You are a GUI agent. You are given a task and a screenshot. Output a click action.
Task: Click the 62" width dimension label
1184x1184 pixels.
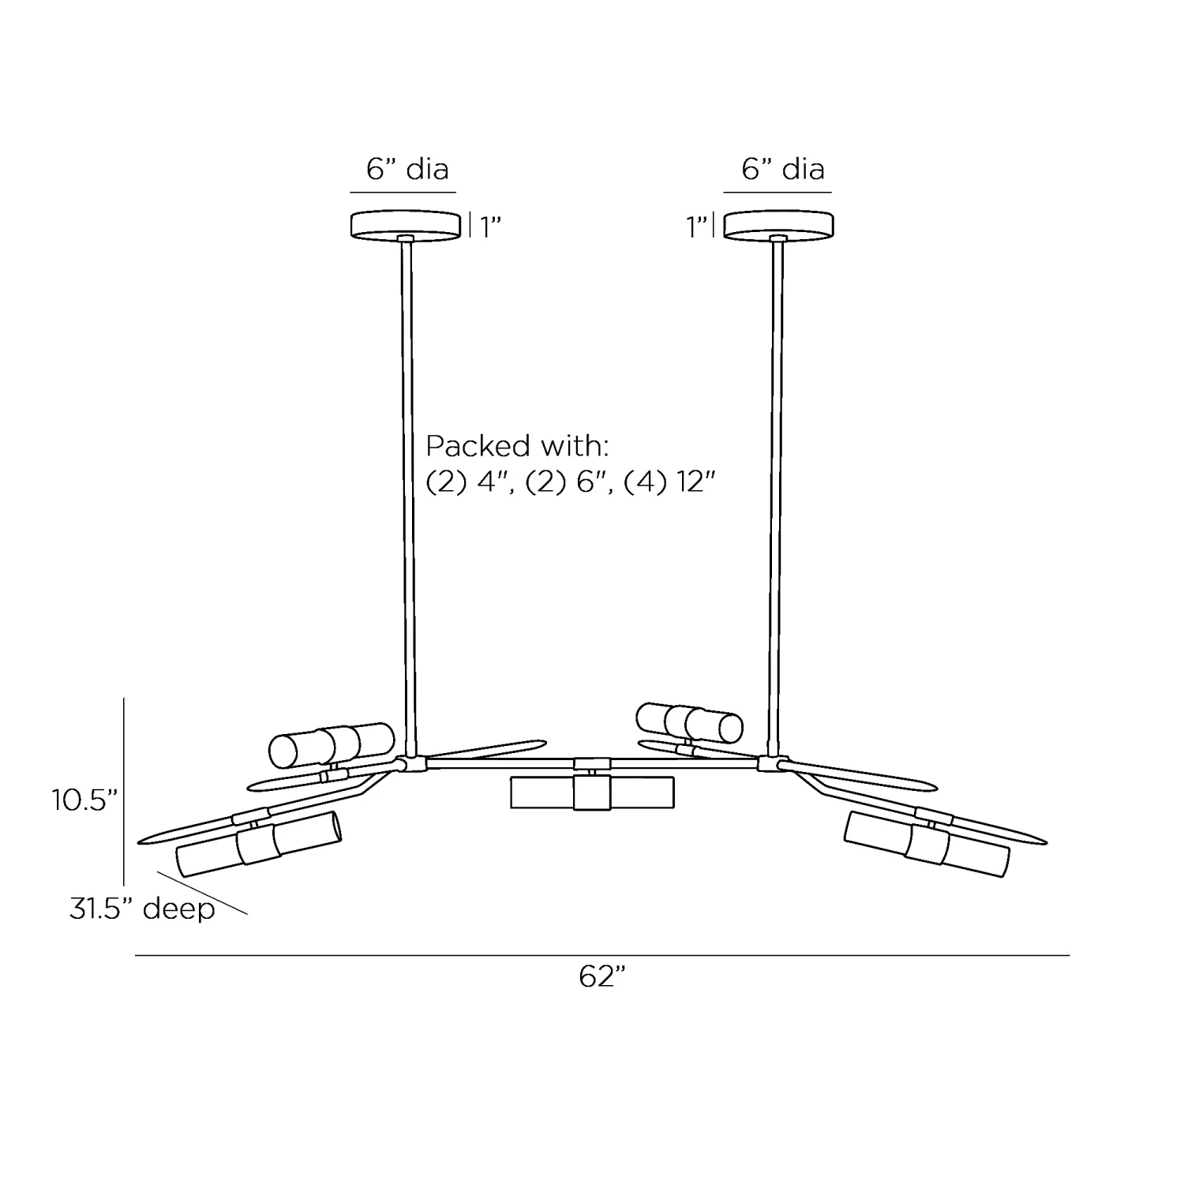601,977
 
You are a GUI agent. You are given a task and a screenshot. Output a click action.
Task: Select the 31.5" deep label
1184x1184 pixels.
142,909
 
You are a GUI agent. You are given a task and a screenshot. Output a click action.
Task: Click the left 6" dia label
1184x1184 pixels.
407,169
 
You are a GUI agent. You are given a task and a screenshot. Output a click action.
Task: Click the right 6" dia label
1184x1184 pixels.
783,169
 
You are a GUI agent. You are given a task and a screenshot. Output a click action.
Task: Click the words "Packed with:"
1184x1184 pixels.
518,446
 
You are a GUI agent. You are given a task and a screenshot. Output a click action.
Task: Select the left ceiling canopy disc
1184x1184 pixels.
406,224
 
